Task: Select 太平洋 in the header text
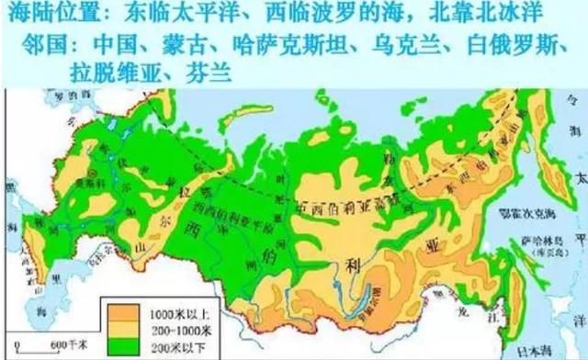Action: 201,15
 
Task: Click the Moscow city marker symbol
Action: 88,172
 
